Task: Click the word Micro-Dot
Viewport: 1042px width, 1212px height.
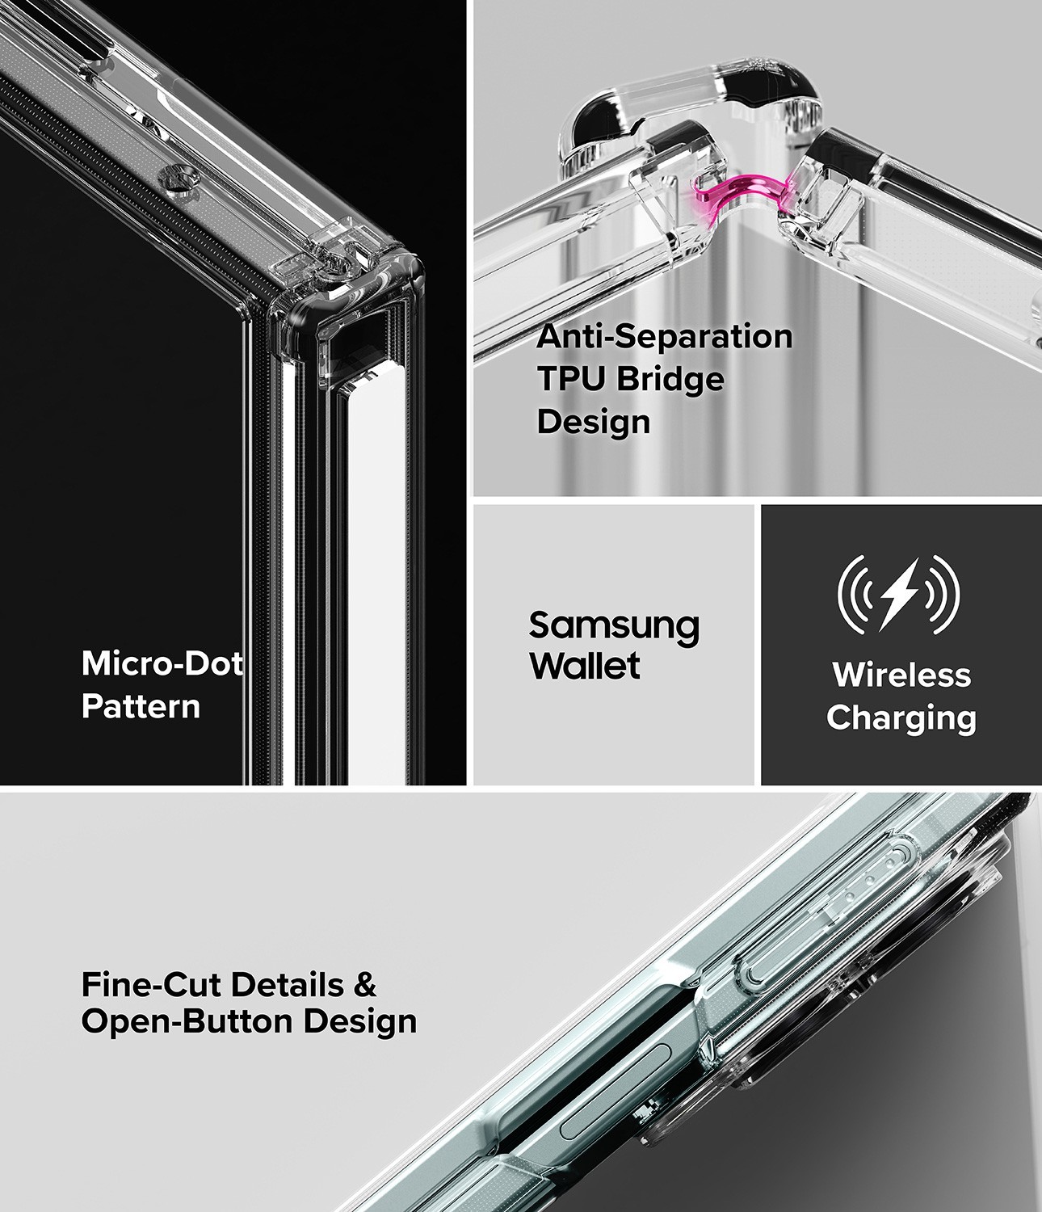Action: point(162,663)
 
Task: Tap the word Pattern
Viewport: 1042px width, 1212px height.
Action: point(141,706)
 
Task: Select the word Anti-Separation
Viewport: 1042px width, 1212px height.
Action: point(665,337)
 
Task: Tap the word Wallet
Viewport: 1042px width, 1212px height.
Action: point(585,666)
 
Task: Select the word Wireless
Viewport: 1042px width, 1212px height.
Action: point(901,675)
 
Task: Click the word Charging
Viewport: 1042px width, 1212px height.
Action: point(901,718)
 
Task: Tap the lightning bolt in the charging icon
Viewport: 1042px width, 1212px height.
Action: point(897,595)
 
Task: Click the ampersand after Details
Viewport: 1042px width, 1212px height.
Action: point(365,984)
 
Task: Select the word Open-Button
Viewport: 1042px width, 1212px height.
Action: point(187,1022)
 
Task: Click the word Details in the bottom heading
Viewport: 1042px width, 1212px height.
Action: point(288,984)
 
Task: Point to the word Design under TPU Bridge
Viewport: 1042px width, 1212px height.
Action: point(593,422)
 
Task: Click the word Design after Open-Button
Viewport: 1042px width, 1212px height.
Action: point(360,1023)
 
